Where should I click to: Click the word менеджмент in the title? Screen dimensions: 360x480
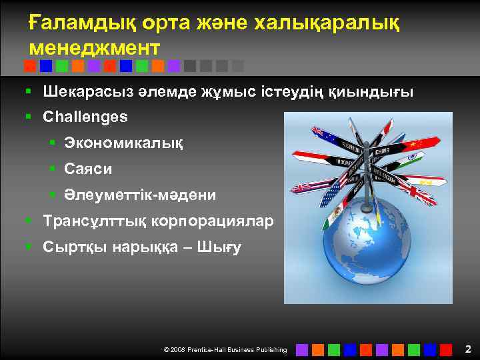click(x=95, y=48)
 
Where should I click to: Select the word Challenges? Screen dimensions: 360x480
click(x=85, y=117)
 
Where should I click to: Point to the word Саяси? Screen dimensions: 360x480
click(x=88, y=169)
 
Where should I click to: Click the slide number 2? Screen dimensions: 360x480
click(x=468, y=349)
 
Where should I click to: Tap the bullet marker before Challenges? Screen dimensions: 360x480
click(x=29, y=117)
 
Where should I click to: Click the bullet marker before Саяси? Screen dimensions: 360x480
click(x=51, y=169)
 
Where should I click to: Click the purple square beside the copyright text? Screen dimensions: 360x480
click(x=302, y=349)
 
